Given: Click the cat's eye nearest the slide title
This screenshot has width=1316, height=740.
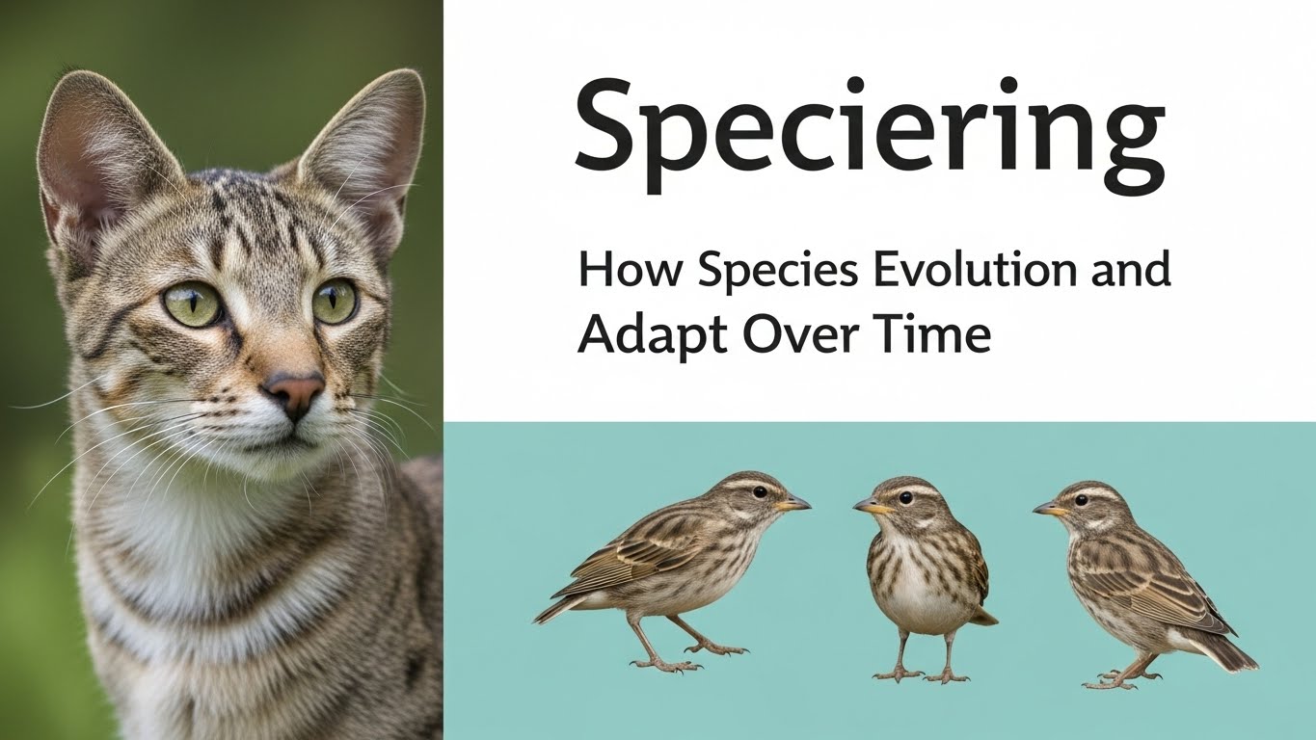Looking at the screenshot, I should point(335,301).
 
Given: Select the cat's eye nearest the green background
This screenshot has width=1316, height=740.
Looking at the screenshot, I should point(193,304).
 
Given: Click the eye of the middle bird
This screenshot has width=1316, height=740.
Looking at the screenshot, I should point(904,497).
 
